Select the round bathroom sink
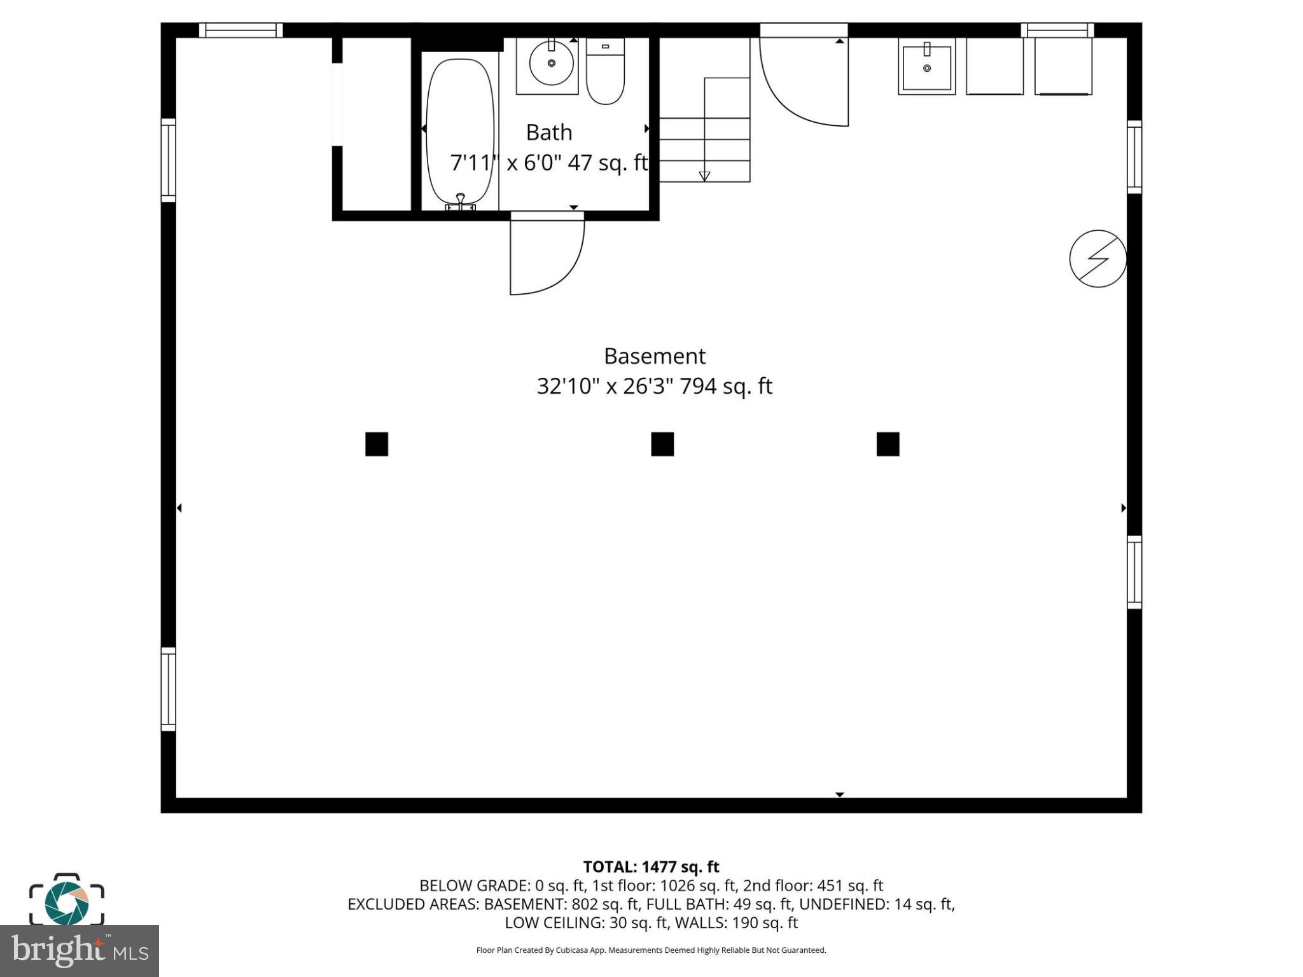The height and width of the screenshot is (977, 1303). tap(551, 64)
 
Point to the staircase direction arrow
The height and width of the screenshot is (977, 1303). tap(704, 176)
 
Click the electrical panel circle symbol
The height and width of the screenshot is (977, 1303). tap(1097, 258)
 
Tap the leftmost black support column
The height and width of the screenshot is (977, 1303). tap(377, 444)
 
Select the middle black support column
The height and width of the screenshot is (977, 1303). tap(662, 444)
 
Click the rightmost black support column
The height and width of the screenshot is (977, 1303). tap(888, 444)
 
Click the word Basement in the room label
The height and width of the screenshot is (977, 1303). tap(654, 356)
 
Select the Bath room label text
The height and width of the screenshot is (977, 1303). tap(548, 132)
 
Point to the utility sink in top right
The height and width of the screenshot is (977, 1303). tap(926, 66)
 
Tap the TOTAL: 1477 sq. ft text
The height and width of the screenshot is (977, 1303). tap(651, 867)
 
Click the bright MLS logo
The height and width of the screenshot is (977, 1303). tap(80, 950)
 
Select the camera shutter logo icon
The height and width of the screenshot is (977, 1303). tap(67, 901)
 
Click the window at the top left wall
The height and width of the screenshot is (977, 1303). tap(240, 30)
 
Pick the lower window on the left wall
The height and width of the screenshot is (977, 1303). tap(168, 689)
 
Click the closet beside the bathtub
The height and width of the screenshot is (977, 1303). tap(377, 124)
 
